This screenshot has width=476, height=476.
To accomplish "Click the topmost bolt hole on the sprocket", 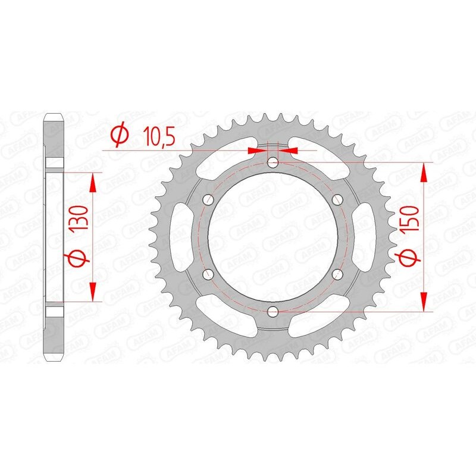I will tap(273, 161).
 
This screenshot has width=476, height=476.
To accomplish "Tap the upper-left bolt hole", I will tap(208, 199).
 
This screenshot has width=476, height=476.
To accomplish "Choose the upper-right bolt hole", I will tap(337, 199).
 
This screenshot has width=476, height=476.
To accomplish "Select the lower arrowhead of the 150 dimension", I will tap(424, 300).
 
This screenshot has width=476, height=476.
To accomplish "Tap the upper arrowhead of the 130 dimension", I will tap(92, 182).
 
